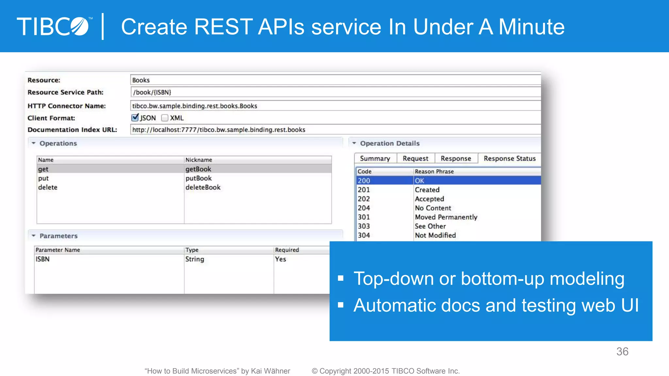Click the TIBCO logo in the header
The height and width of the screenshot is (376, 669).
click(54, 26)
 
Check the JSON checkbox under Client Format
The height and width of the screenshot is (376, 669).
click(135, 117)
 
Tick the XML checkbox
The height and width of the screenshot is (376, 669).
click(165, 118)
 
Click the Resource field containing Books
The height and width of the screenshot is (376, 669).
click(333, 80)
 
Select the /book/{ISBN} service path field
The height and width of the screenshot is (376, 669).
click(333, 92)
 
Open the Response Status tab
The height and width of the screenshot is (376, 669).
click(509, 158)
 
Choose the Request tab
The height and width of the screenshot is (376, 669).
click(415, 158)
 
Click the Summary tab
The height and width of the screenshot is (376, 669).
click(375, 158)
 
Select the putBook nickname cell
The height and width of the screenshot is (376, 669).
click(199, 178)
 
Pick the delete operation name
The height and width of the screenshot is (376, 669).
click(48, 187)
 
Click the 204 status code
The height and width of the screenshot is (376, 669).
click(364, 208)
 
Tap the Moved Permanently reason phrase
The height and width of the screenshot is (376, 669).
click(446, 217)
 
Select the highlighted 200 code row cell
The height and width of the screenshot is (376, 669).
click(364, 180)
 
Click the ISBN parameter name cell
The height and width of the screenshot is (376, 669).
click(43, 259)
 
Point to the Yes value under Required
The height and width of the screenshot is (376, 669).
click(281, 259)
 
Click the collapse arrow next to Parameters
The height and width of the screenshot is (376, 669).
click(33, 236)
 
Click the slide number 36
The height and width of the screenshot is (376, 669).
click(622, 352)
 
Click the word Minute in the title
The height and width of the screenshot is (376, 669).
click(531, 27)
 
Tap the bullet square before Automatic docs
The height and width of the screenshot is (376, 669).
click(341, 305)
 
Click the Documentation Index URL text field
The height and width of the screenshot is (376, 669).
click(333, 130)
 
